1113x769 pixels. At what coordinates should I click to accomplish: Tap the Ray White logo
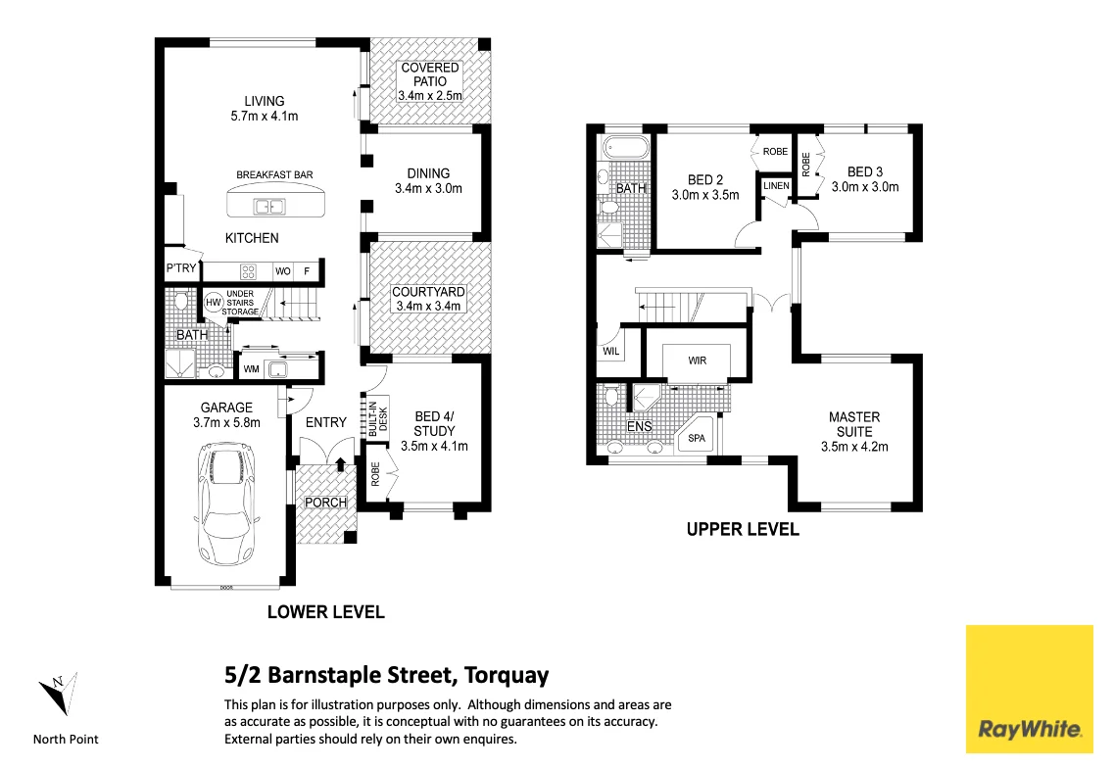1029,689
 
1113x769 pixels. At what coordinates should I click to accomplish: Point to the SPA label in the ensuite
697,438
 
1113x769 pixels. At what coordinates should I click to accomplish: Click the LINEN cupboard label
776,186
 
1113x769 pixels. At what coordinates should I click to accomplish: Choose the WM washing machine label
250,369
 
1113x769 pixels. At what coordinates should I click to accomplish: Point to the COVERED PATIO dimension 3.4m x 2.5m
429,96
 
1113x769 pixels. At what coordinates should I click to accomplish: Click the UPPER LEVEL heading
742,530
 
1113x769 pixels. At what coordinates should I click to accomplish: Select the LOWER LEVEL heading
325,612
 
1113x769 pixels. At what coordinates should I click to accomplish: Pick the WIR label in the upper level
697,360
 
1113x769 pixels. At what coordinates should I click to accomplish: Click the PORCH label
325,503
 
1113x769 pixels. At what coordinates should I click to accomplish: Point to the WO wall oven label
282,271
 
